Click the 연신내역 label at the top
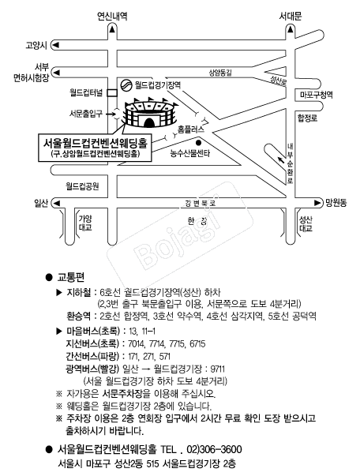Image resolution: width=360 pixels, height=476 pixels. click(x=112, y=16)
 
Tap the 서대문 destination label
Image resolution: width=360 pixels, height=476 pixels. click(x=291, y=16)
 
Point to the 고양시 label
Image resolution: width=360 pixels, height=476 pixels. click(x=36, y=46)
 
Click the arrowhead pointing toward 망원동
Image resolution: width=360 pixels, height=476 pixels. click(x=317, y=203)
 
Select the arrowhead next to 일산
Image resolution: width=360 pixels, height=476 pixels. click(x=57, y=203)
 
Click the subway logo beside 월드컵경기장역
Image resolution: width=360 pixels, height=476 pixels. click(x=126, y=85)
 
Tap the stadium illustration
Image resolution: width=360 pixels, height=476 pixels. click(x=150, y=112)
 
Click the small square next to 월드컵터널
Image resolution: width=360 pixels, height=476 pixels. click(x=112, y=93)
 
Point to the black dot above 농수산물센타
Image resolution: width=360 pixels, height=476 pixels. click(x=198, y=143)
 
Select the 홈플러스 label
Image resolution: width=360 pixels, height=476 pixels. click(x=191, y=129)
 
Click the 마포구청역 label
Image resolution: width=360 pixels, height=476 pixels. click(x=317, y=95)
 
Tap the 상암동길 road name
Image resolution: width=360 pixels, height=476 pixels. click(x=220, y=73)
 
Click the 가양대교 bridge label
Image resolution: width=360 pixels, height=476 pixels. click(x=85, y=223)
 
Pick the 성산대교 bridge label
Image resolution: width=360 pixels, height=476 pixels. click(x=306, y=223)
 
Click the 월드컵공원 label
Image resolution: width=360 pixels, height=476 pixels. click(x=83, y=186)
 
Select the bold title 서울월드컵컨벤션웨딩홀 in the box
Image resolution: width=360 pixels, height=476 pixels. click(x=95, y=143)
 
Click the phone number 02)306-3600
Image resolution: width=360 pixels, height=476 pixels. click(x=214, y=449)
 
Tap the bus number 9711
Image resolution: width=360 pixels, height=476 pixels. click(x=218, y=369)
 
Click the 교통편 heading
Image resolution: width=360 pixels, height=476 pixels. click(x=71, y=277)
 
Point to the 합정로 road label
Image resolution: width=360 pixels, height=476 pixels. click(x=307, y=118)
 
